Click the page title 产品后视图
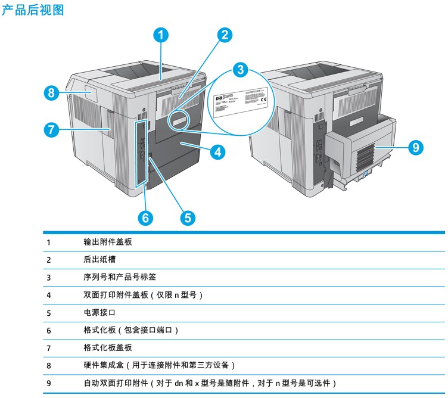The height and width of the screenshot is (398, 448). [x=33, y=10]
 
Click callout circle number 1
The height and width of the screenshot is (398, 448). [x=160, y=35]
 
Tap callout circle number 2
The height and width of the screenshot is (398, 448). [x=223, y=35]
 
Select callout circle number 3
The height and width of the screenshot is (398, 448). [x=239, y=69]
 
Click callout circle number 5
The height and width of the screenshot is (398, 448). [x=188, y=218]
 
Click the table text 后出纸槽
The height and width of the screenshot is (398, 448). [x=99, y=260]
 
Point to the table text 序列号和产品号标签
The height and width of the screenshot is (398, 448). [x=120, y=277]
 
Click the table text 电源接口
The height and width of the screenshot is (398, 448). [x=99, y=312]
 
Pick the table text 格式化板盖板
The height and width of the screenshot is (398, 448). [x=108, y=347]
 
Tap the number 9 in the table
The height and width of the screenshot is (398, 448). [x=49, y=383]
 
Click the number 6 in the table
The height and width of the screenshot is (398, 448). [x=49, y=330]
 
